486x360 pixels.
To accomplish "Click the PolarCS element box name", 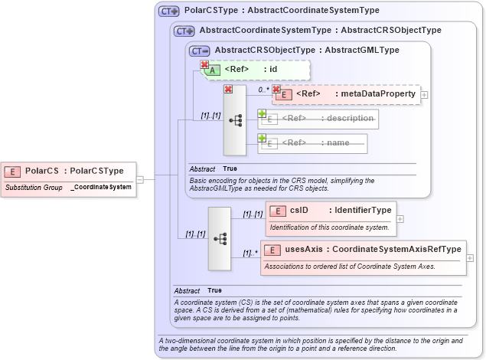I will click(42, 171).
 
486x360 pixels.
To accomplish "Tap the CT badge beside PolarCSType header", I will click(168, 11).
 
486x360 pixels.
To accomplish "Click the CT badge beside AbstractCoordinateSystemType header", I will click(184, 31).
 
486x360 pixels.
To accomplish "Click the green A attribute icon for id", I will click(215, 70).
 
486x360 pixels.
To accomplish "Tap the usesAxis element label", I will click(305, 249).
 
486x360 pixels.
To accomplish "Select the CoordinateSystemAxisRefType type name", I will click(396, 249).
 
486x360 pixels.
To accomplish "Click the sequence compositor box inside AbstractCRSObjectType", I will click(235, 120).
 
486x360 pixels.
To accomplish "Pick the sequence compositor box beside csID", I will click(220, 238).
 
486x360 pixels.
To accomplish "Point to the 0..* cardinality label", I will click(263, 90).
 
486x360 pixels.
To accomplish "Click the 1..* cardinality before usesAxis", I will click(250, 253).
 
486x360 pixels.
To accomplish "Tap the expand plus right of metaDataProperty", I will click(425, 95).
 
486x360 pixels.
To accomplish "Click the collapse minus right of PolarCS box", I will click(140, 179).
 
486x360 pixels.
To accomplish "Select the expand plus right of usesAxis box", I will click(470, 258).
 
